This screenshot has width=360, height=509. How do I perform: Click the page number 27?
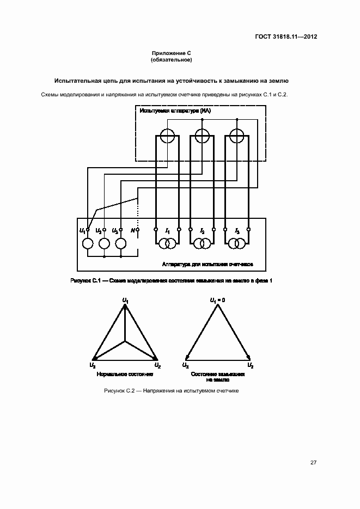(313, 463)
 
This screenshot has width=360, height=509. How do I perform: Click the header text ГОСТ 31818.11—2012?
(286, 37)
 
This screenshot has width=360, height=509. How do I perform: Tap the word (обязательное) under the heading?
(172, 59)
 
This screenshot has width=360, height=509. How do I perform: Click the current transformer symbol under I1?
(167, 243)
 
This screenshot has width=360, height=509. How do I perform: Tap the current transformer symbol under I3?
(237, 243)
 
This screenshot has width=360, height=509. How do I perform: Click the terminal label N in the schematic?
(132, 231)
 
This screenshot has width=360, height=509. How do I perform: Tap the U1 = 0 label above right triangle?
(218, 300)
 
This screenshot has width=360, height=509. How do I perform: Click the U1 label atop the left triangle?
(125, 300)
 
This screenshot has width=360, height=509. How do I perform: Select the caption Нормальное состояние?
(125, 375)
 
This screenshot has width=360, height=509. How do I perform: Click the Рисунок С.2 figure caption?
(172, 391)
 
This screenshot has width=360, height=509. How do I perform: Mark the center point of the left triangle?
(125, 341)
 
